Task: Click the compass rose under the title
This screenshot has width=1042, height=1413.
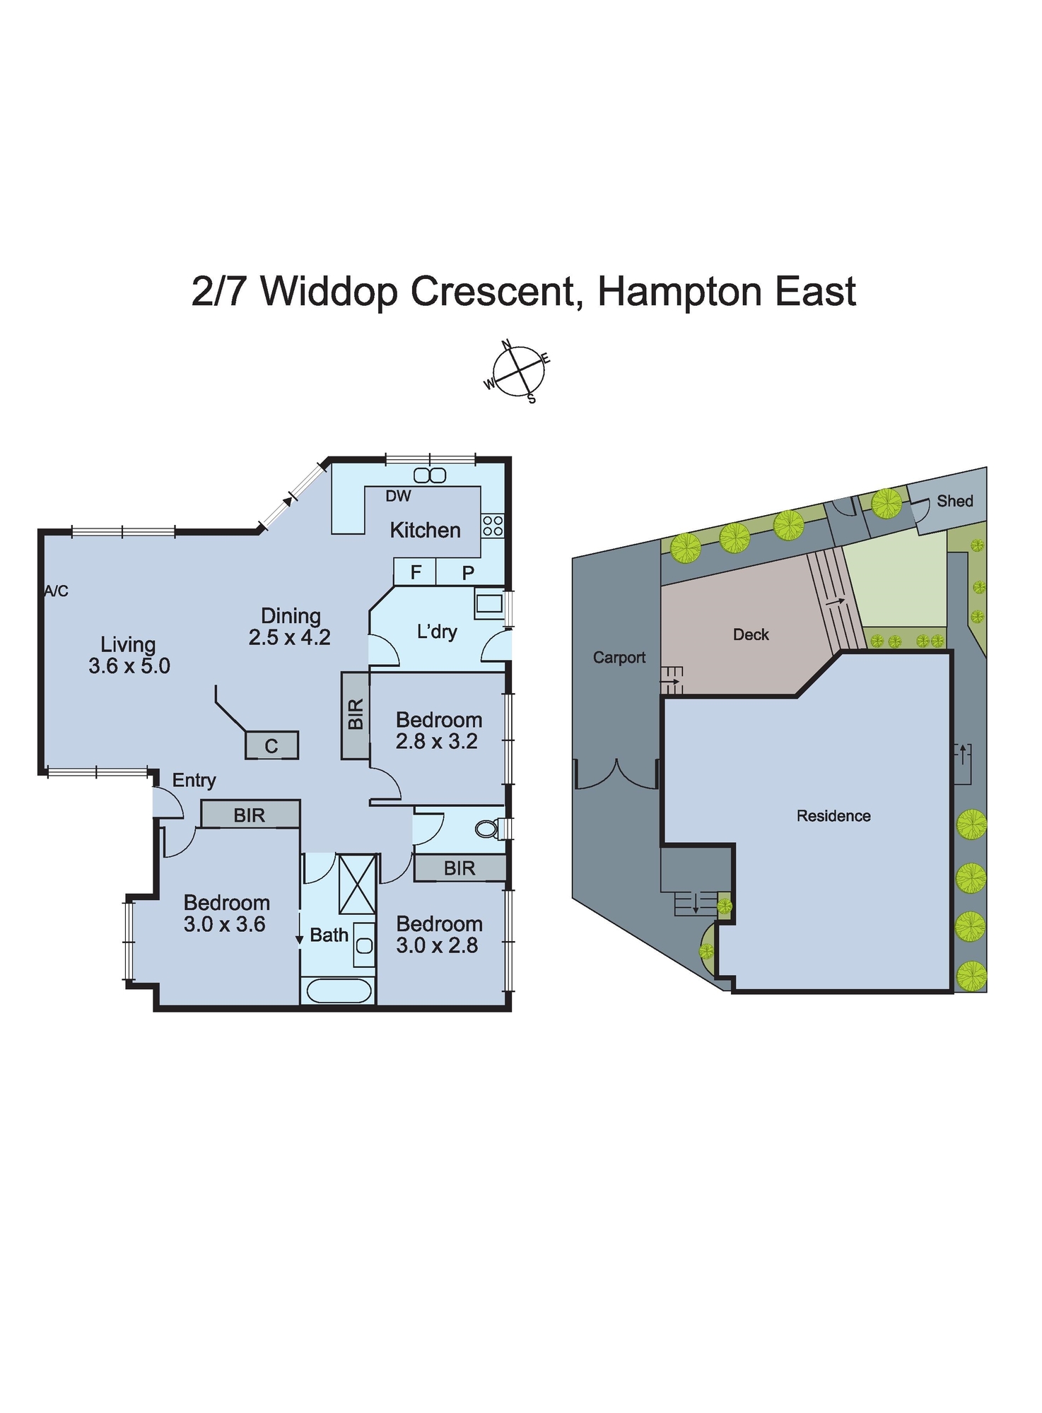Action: point(519,371)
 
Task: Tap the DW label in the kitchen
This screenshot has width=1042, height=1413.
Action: point(398,496)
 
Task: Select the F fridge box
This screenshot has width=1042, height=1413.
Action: point(416,572)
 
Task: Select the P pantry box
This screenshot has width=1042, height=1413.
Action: point(468,573)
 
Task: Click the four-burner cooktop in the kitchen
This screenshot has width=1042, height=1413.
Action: point(493,526)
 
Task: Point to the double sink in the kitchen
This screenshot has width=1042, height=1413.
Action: point(430,475)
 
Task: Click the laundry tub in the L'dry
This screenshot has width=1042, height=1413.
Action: point(488,604)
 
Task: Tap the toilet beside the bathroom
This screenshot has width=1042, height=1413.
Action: point(487,828)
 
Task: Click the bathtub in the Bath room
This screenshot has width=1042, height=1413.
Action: point(339,991)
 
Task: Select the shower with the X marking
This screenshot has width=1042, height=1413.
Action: point(357,885)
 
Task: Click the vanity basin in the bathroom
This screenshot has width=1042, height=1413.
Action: point(363,945)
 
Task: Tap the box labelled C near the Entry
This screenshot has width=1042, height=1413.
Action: point(271,746)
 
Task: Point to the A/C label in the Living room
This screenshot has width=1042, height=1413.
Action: point(56,591)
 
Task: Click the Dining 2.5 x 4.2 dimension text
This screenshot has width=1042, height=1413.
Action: point(289,637)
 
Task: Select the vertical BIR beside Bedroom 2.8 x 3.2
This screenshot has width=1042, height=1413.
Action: point(356,714)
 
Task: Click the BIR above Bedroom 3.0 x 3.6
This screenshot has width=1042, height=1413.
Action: point(250,815)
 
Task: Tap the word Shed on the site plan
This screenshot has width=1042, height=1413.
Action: point(954,501)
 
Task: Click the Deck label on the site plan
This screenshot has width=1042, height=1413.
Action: point(750,634)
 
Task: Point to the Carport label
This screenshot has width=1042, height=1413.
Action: point(619,658)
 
